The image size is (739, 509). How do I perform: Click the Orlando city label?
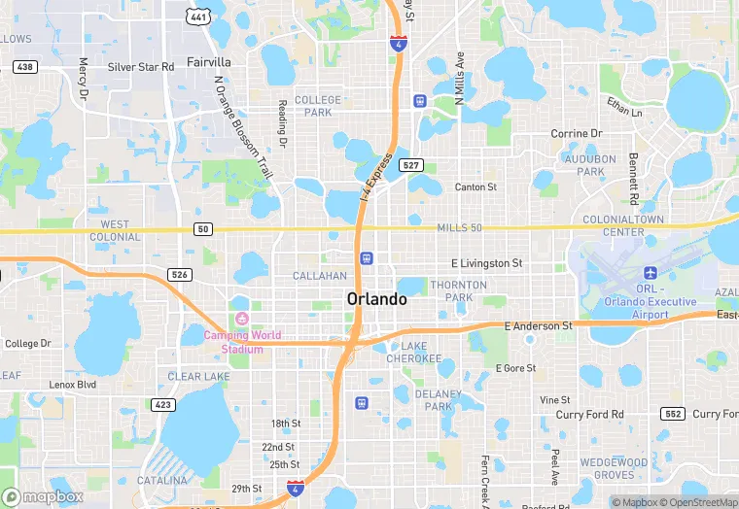click(376, 299)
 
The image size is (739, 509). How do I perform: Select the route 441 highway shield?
click(198, 17)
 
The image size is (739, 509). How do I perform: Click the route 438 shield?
click(24, 66)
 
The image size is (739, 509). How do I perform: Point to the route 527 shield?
click(410, 165)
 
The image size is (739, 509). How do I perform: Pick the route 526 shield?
click(179, 275)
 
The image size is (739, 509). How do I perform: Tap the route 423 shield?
click(162, 404)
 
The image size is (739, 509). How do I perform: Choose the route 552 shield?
click(673, 414)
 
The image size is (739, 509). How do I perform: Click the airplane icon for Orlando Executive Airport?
click(650, 273)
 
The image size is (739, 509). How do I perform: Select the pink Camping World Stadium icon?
click(241, 320)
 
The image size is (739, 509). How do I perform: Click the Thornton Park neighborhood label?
click(459, 291)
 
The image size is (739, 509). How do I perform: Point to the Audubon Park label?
click(590, 164)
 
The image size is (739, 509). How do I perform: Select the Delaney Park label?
click(439, 400)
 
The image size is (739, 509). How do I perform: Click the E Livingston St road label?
click(487, 263)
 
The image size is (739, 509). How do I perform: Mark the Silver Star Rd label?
click(141, 67)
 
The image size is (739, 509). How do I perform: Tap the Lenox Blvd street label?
click(73, 385)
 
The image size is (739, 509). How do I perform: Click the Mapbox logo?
click(42, 496)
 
